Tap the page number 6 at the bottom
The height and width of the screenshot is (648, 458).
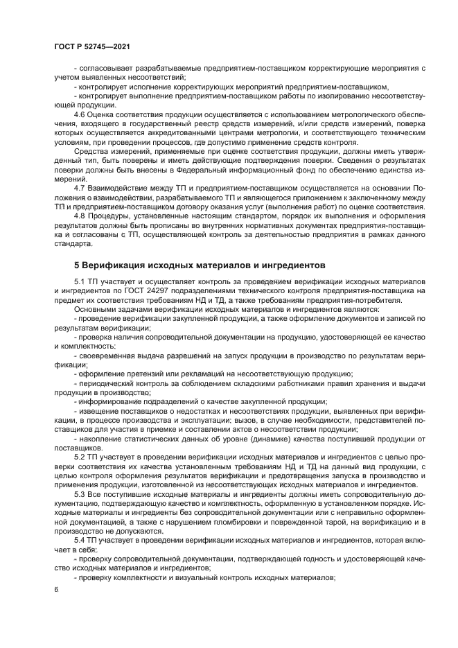[56, 590]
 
